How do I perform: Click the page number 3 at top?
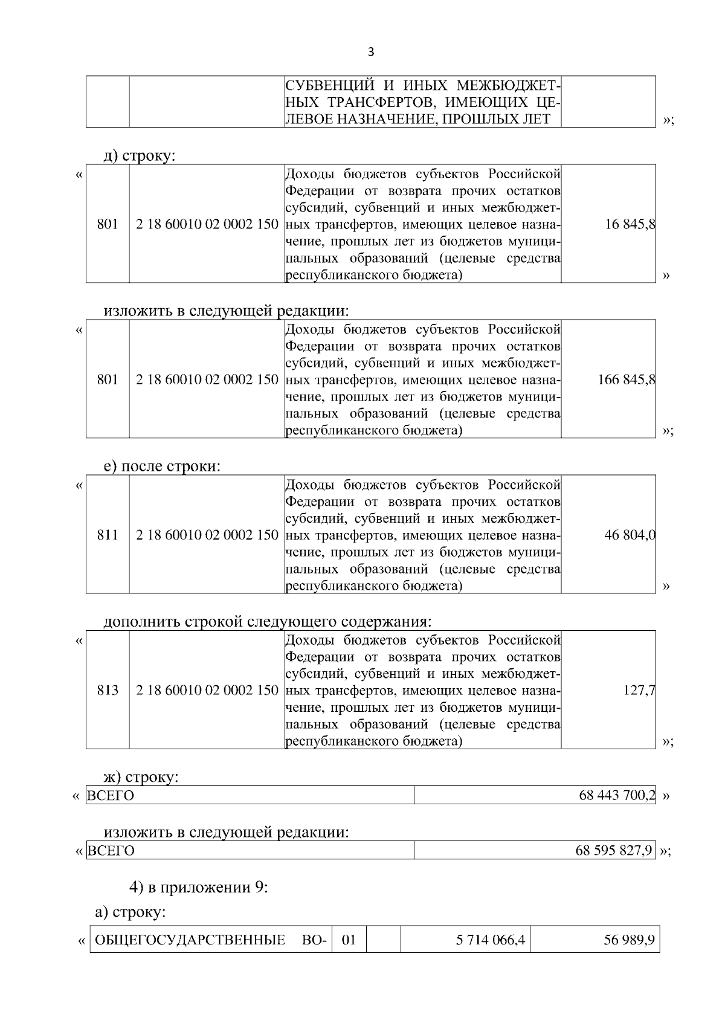tap(370, 52)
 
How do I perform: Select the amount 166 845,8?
tap(627, 380)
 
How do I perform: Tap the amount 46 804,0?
tap(630, 535)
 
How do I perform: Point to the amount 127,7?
tap(640, 690)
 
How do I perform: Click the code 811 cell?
tap(108, 535)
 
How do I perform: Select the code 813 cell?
tap(108, 690)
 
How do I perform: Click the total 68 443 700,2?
tap(617, 795)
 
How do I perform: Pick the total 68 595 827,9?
tap(614, 851)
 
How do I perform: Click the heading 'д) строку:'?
tap(140, 156)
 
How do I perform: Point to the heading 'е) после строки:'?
tap(162, 466)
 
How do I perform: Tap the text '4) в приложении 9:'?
tap(198, 887)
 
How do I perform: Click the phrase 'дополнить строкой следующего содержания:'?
tap(268, 622)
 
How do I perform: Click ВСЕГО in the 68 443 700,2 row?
tap(111, 796)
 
